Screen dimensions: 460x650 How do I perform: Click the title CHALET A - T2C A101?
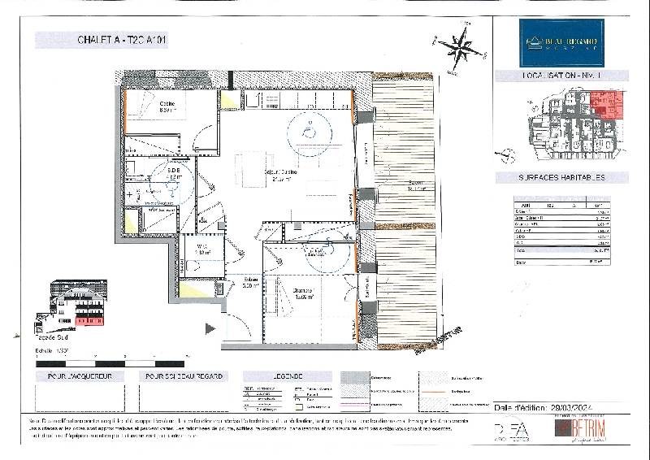121,39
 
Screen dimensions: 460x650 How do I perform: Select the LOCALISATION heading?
561,75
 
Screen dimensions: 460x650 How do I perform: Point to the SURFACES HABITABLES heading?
561,177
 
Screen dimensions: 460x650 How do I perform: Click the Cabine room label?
167,108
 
